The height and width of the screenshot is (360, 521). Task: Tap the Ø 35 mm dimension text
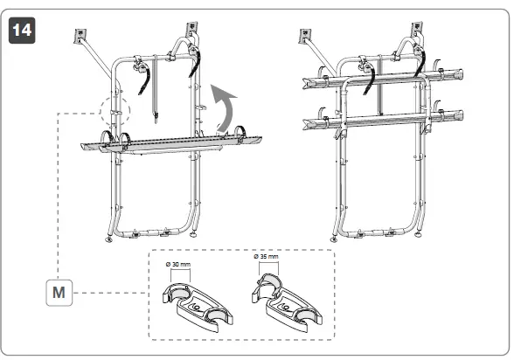tap(266, 257)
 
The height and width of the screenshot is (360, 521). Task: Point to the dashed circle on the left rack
tap(114, 111)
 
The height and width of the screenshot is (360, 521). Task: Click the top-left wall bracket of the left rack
tap(81, 36)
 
